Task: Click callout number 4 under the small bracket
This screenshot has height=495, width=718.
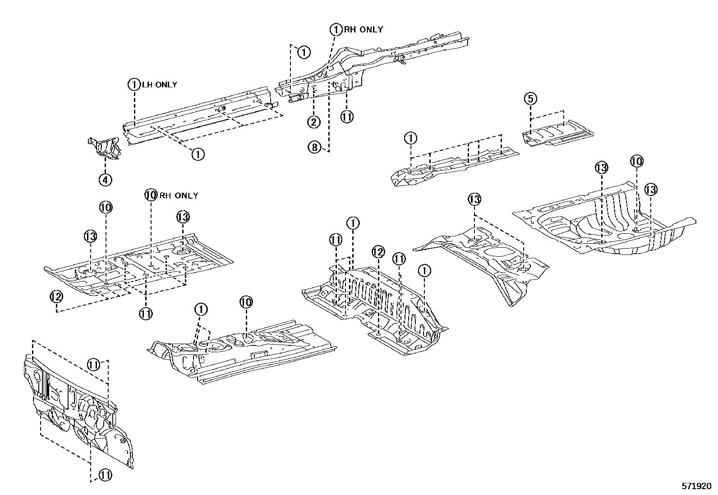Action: (x=105, y=180)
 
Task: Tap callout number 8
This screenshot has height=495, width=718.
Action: (x=314, y=146)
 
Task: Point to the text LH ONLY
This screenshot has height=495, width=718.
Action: (x=160, y=84)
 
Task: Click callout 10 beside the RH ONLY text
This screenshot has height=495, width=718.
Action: (x=151, y=195)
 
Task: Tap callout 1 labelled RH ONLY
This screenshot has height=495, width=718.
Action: (x=336, y=30)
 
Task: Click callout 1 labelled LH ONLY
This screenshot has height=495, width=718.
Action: (x=134, y=84)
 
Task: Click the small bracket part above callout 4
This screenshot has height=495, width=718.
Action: (x=105, y=148)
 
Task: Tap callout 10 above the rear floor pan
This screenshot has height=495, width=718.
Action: (x=636, y=161)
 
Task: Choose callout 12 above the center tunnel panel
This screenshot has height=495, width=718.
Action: (x=378, y=252)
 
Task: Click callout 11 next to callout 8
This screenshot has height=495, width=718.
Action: (x=346, y=117)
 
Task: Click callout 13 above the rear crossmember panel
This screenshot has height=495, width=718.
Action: (x=474, y=199)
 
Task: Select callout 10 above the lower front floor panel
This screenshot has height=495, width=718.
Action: (x=246, y=302)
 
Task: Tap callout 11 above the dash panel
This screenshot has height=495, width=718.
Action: (x=93, y=364)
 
